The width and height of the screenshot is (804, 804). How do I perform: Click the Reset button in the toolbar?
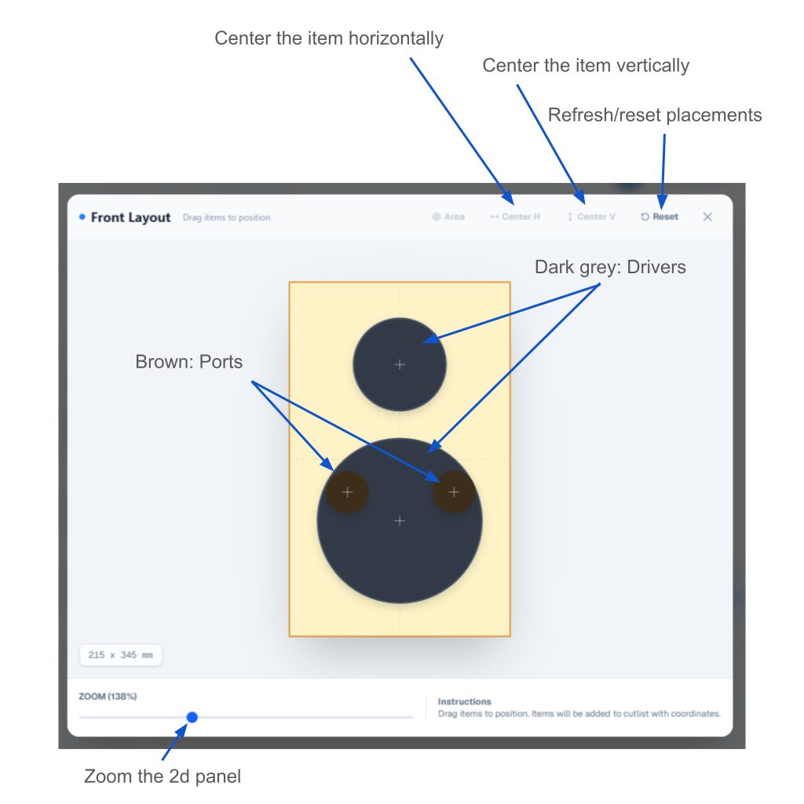660,217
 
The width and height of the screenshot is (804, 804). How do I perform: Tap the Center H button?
515,217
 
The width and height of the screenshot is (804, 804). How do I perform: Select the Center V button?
591,217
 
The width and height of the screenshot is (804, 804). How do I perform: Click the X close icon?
707,217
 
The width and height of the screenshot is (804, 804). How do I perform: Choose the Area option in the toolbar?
448,217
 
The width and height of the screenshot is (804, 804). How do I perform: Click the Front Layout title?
130,217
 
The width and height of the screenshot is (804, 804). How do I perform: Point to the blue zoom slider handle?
192,717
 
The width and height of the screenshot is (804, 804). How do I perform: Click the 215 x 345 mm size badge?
121,655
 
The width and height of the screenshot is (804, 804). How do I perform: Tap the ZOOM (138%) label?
108,696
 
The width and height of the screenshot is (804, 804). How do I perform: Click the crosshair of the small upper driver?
400,364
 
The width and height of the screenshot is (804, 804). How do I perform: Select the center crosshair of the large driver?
400,521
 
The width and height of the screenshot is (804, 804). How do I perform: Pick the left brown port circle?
347,492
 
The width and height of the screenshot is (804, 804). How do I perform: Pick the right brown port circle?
454,492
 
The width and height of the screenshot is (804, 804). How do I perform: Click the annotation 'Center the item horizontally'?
329,38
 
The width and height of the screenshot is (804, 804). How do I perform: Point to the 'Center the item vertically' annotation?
586,65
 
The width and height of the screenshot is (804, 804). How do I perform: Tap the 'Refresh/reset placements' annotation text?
655,115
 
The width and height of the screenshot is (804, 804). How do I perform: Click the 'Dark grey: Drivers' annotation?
610,267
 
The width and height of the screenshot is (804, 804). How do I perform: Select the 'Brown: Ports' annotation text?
189,362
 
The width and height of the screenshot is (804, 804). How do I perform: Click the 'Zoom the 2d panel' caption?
163,777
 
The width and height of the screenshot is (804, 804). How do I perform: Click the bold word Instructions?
464,702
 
